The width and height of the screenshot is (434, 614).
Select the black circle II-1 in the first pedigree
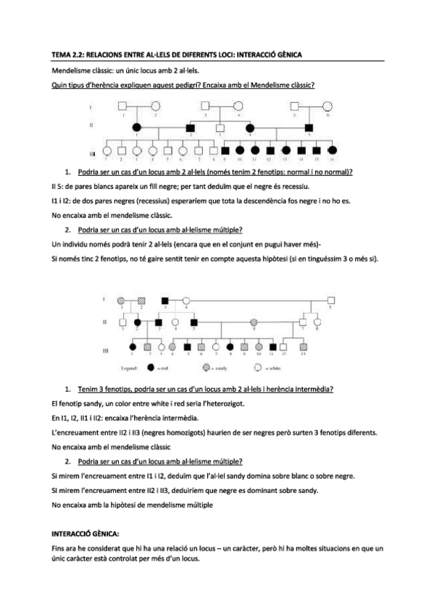pyautogui.click(x=137, y=128)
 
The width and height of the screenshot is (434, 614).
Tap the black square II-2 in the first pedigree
pyautogui.click(x=191, y=128)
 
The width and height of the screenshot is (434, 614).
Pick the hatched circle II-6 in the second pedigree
pyautogui.click(x=254, y=321)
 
